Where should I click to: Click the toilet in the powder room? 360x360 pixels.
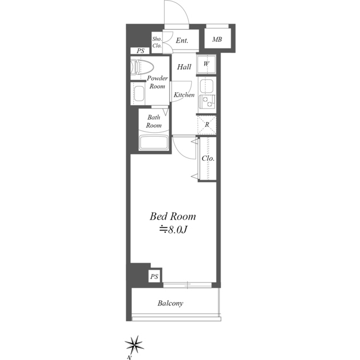point(142,67)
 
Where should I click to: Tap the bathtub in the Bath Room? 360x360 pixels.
point(154,142)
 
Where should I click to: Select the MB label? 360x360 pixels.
point(217,39)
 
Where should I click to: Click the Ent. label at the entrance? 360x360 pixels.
point(182,40)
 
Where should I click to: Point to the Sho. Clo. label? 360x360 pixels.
point(157,42)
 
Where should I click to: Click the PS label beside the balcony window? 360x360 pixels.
point(154,277)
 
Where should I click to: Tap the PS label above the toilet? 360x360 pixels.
point(141,51)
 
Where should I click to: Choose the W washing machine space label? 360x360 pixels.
point(206,64)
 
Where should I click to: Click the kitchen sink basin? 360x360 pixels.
point(206,86)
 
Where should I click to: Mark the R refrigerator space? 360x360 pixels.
point(207,125)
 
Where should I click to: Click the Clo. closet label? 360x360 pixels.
point(208,159)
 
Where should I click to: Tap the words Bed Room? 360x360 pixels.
point(173,217)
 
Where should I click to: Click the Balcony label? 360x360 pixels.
point(170,304)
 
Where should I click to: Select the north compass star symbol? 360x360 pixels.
point(134,345)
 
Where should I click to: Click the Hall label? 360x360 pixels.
point(184,67)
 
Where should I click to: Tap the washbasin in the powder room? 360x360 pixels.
point(139,93)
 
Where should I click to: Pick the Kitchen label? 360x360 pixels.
point(184,94)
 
